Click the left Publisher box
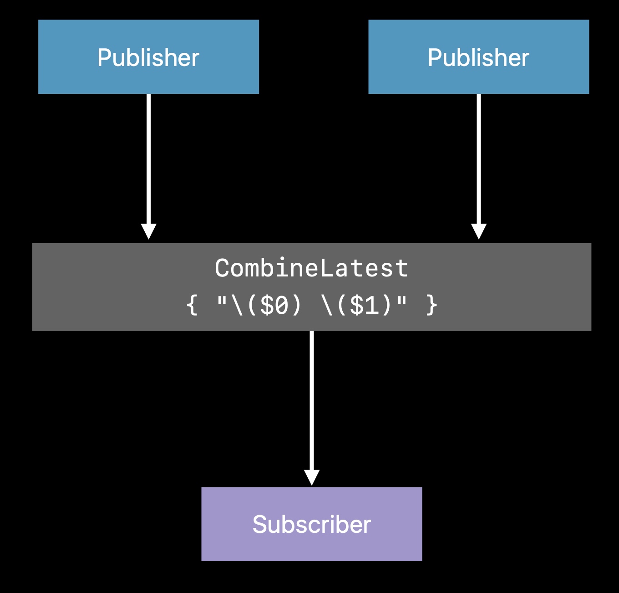[148, 56]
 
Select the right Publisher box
[479, 56]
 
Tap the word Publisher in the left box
[148, 57]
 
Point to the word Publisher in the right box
[479, 57]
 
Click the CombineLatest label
[312, 268]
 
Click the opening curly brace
[192, 305]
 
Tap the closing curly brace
[431, 305]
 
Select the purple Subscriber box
[312, 524]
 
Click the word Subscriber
[312, 525]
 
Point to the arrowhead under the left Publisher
[148, 231]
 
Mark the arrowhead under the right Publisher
[479, 231]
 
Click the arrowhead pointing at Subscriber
[312, 478]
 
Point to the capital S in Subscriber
[260, 525]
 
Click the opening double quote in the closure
[222, 301]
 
